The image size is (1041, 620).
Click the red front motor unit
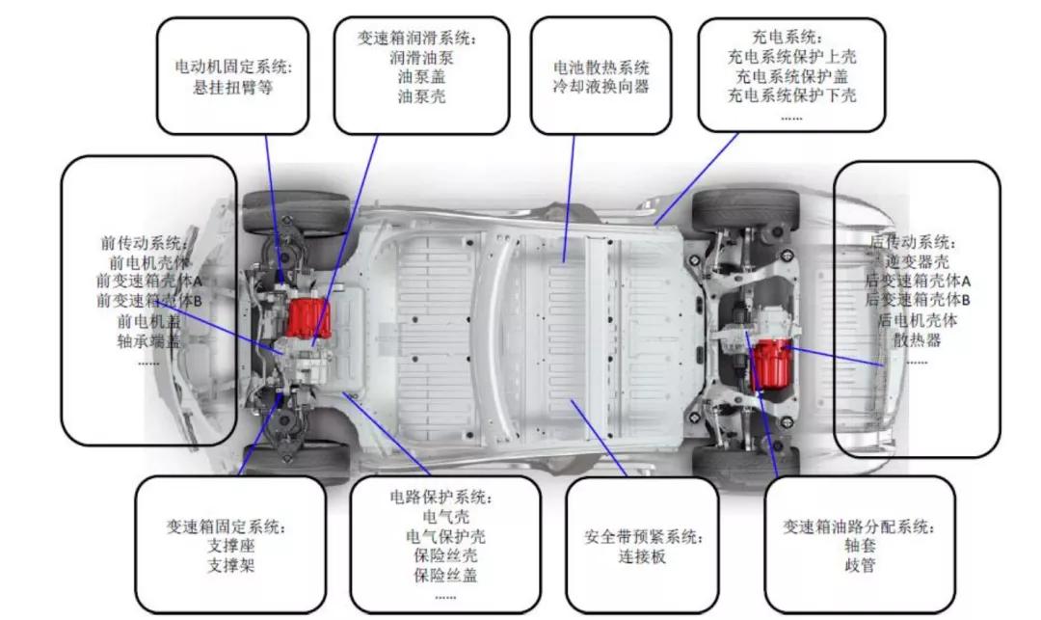[x=309, y=318]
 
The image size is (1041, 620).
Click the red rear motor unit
[x=771, y=364]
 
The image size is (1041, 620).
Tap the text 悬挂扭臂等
[x=232, y=88]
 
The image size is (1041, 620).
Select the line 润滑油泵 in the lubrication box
[x=421, y=57]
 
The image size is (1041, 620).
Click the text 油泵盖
[x=421, y=76]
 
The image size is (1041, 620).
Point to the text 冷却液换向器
[x=601, y=86]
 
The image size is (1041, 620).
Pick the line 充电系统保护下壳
[x=792, y=94]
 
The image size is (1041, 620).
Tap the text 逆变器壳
[x=917, y=261]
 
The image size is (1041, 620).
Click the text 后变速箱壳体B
[x=917, y=300]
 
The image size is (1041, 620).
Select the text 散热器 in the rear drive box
[x=917, y=340]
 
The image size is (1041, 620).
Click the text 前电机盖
[x=148, y=322]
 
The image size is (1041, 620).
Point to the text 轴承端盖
[x=148, y=342]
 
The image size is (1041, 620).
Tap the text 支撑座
[x=231, y=547]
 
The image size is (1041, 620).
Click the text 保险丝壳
[x=445, y=555]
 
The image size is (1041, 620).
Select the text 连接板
[x=642, y=556]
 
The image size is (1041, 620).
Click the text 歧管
[x=860, y=566]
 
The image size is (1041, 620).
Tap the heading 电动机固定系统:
[x=233, y=67]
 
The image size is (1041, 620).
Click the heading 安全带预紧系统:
[x=643, y=536]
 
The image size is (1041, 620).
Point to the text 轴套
[x=860, y=546]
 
